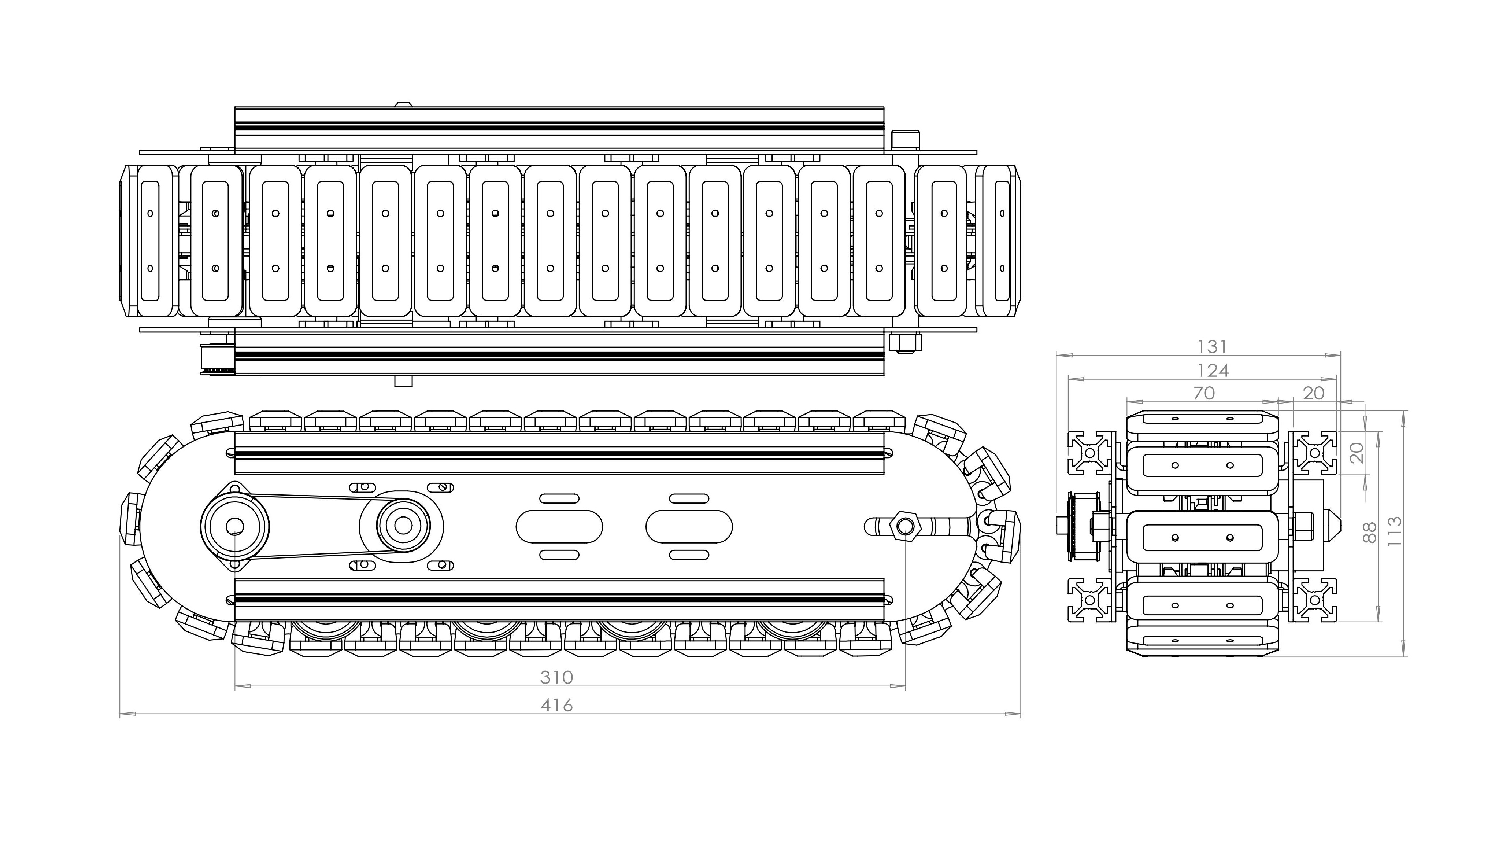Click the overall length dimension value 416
tap(556, 705)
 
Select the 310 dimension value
tap(556, 677)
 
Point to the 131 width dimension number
tap(1212, 346)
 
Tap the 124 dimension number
tap(1213, 370)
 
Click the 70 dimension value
tap(1204, 393)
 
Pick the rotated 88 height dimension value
tap(1370, 533)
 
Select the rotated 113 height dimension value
tap(1394, 531)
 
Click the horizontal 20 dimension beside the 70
tap(1314, 393)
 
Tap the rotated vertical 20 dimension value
tap(1357, 453)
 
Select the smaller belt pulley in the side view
tap(403, 526)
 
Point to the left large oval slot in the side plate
tap(559, 526)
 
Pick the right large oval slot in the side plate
tap(689, 526)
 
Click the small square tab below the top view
tap(403, 381)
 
